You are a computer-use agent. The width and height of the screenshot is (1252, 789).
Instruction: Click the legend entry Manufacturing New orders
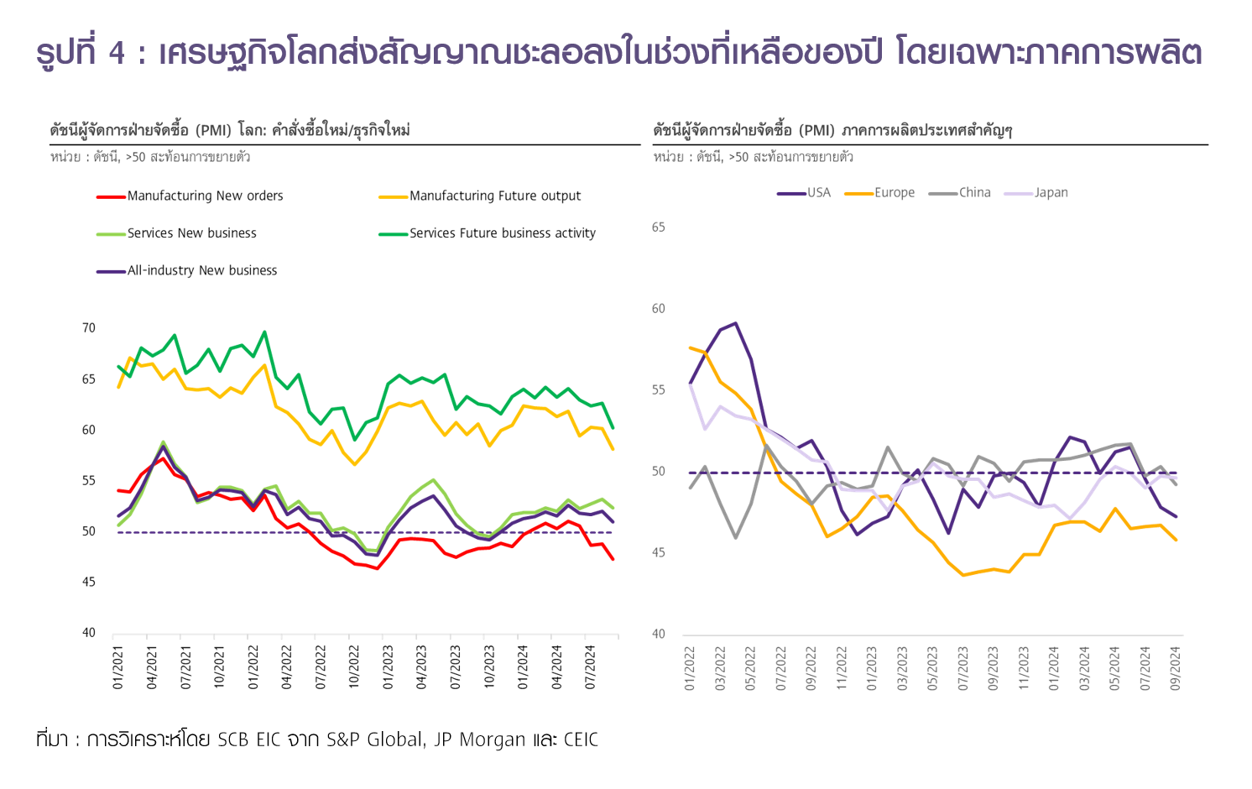[205, 196]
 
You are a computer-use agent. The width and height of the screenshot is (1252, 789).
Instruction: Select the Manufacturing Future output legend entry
[494, 196]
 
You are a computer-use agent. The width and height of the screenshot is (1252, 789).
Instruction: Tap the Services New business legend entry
[191, 233]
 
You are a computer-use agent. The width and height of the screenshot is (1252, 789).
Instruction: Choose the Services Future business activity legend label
[502, 233]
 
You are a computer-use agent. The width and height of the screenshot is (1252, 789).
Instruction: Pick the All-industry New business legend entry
[201, 270]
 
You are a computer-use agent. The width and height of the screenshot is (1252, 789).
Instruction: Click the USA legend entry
[818, 193]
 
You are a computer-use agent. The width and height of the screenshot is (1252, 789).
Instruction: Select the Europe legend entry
[894, 193]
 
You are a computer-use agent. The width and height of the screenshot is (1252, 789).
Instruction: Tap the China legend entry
[974, 193]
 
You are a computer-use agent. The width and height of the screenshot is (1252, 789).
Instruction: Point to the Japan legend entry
[1051, 193]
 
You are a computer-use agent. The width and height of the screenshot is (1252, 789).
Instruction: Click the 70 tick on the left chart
[89, 328]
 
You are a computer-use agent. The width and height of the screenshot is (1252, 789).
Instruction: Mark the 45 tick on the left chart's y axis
[89, 583]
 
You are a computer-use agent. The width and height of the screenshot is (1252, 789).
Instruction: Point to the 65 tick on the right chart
[659, 227]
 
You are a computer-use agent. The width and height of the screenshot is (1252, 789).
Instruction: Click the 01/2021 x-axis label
[118, 668]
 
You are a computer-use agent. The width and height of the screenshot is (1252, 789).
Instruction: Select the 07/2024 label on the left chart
[591, 668]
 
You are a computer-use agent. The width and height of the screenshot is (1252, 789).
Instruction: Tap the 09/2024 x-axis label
[1176, 668]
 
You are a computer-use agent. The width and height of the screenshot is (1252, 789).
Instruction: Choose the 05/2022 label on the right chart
[750, 668]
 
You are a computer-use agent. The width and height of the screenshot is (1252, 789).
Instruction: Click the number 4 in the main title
[117, 53]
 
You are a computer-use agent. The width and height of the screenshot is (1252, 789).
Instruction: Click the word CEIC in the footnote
[581, 739]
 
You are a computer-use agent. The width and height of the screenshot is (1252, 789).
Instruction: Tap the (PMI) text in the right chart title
[816, 130]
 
